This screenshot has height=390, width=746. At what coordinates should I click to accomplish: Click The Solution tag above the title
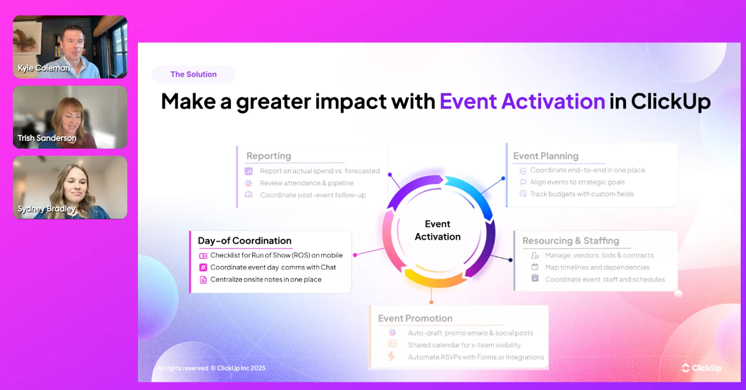[x=193, y=75]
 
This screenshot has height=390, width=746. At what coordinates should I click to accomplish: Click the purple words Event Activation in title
[x=522, y=102]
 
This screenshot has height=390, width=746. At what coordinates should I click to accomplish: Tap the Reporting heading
[x=269, y=156]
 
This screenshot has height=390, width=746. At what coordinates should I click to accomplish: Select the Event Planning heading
[x=546, y=156]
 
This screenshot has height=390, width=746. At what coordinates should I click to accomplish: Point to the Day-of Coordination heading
[x=244, y=241]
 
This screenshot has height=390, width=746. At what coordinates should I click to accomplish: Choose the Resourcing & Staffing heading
[x=571, y=241]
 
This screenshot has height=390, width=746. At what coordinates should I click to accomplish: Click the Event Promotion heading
[x=415, y=318]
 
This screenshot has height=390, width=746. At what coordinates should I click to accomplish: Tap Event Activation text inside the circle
[x=437, y=230]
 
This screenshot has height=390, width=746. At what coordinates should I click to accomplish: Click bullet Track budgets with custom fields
[x=582, y=194]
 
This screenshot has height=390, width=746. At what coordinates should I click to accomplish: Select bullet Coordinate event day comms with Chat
[x=273, y=267]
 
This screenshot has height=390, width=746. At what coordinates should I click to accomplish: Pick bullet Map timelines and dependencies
[x=597, y=267]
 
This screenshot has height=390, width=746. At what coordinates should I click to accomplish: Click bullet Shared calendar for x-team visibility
[x=464, y=345]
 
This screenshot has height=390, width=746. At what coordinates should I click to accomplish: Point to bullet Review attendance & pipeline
[x=307, y=183]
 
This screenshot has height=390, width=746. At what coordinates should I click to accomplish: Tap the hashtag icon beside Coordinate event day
[x=203, y=267]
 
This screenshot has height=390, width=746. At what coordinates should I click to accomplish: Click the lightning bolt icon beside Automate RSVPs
[x=391, y=357]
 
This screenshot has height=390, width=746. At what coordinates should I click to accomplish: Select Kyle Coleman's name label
[x=44, y=68]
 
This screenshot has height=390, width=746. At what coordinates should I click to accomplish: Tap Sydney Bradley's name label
[x=46, y=209]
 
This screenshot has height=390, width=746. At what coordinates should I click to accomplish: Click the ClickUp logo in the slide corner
[x=701, y=368]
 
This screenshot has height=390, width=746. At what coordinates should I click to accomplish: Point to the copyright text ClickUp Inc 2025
[x=241, y=368]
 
